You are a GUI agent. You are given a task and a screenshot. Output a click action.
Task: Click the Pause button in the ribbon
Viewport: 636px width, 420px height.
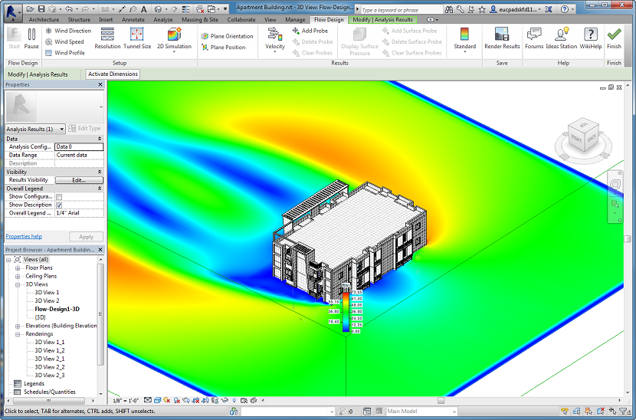pos(31,38)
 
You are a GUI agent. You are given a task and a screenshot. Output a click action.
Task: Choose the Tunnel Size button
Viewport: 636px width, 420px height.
pos(136,38)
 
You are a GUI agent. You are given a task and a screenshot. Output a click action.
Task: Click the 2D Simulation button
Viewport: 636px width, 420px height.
pos(174,38)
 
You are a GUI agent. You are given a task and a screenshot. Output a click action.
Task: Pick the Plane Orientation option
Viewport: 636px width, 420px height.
pos(228,36)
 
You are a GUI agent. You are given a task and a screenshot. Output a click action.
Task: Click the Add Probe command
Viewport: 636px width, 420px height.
pos(310,31)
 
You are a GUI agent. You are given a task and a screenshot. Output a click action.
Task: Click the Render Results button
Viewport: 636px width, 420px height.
pos(502,38)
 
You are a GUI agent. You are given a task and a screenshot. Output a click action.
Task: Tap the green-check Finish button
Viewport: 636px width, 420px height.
pos(614,38)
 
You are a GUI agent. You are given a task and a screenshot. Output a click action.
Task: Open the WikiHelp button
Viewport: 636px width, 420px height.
pos(590,38)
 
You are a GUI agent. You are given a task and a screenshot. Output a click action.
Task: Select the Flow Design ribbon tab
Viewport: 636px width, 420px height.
pos(329,19)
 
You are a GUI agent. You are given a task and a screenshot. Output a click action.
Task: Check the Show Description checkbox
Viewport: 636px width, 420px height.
pos(59,205)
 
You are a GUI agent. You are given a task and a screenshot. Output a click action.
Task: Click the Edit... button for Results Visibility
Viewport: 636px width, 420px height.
pos(78,180)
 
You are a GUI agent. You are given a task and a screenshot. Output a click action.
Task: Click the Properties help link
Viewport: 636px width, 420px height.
pos(24,236)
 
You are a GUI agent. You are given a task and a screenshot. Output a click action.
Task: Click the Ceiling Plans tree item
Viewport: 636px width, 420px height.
pos(41,276)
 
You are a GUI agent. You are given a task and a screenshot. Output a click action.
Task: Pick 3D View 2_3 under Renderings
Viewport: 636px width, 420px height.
pos(50,375)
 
